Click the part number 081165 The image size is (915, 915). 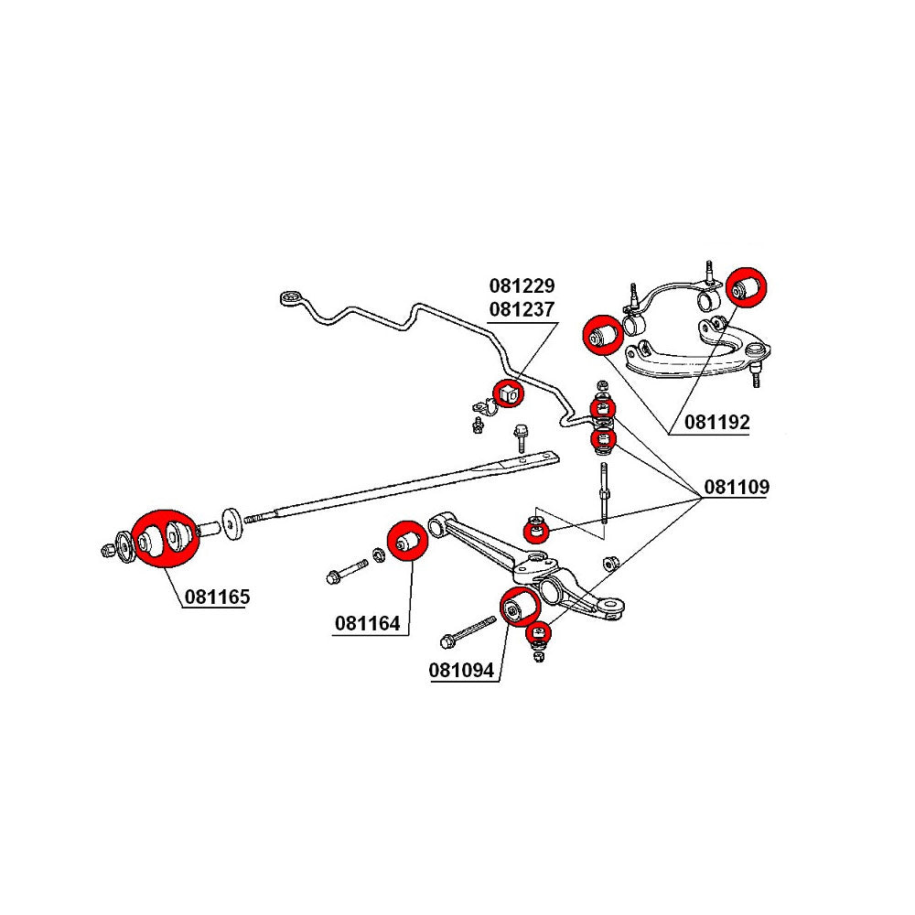(x=217, y=597)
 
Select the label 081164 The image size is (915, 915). (x=367, y=625)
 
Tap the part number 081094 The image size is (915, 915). (x=461, y=671)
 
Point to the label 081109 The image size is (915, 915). (x=736, y=488)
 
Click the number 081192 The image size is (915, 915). (x=716, y=423)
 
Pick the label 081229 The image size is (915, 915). (x=522, y=286)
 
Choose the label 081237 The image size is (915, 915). (x=522, y=309)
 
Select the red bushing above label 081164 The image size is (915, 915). (x=404, y=540)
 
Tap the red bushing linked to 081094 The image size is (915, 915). (x=520, y=607)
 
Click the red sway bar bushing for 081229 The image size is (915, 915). (x=508, y=393)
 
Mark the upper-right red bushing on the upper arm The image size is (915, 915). (x=748, y=286)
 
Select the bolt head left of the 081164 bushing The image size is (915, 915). (x=332, y=576)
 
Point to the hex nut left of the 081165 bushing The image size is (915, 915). (x=108, y=550)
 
